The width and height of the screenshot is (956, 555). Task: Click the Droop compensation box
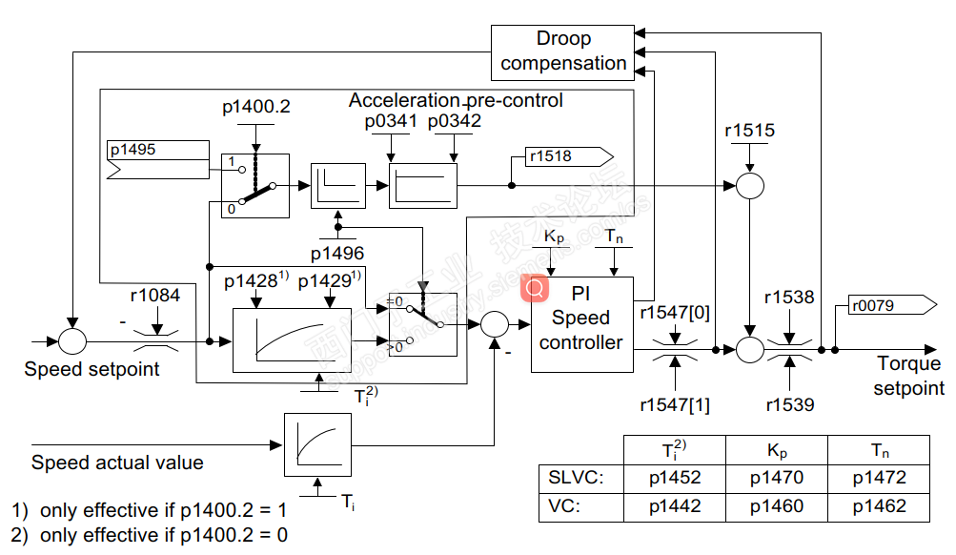click(563, 51)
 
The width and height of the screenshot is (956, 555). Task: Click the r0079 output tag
click(882, 305)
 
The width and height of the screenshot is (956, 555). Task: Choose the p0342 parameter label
click(455, 121)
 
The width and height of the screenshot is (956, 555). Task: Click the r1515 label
click(749, 132)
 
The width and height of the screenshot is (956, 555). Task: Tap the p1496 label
click(337, 254)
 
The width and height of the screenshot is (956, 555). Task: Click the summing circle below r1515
click(750, 185)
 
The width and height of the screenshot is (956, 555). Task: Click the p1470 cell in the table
click(776, 478)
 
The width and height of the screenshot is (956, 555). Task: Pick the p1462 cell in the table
click(879, 506)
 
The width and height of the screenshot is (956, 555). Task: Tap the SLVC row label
click(572, 478)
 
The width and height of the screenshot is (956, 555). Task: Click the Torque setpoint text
click(908, 376)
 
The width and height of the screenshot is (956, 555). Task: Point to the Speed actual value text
click(117, 462)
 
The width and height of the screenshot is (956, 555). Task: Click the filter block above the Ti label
click(314, 444)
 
